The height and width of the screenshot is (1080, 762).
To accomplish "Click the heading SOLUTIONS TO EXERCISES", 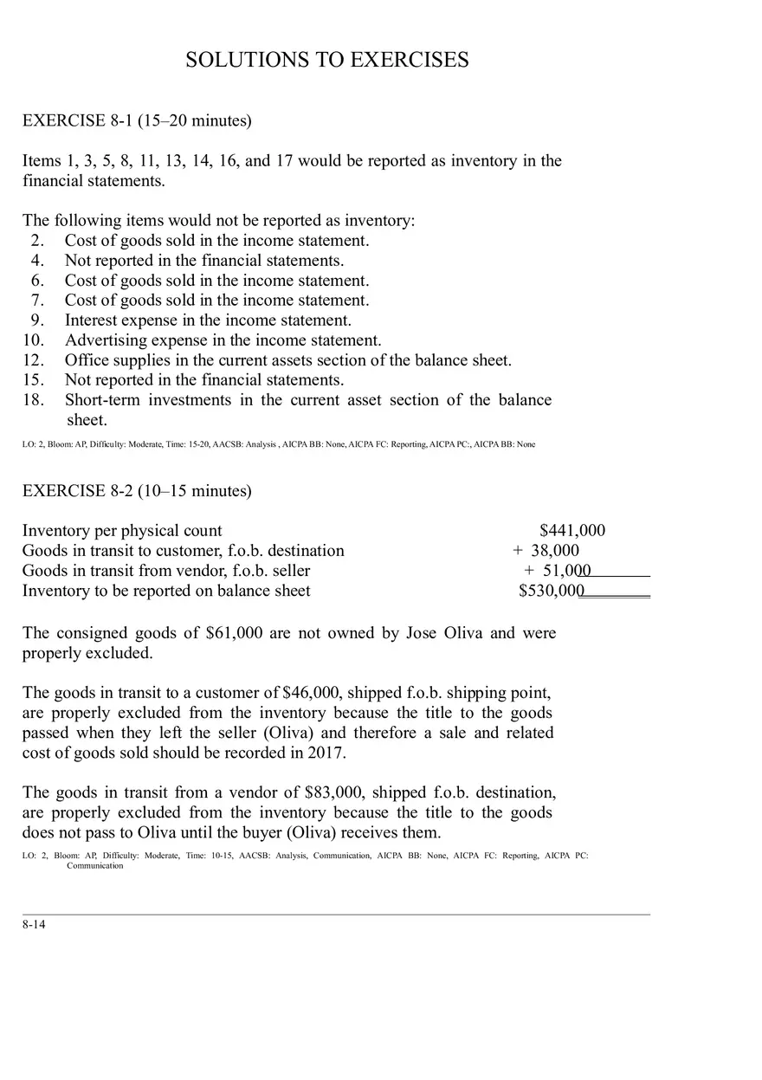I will pyautogui.click(x=327, y=60).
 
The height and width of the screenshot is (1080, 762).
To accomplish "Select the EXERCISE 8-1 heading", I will pyautogui.click(x=137, y=120).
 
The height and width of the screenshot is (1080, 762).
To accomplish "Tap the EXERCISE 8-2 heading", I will pyautogui.click(x=137, y=491).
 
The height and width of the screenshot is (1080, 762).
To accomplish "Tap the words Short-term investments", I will pyautogui.click(x=148, y=400).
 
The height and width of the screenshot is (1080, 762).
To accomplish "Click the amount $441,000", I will pyautogui.click(x=572, y=531).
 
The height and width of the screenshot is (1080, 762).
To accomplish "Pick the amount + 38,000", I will pyautogui.click(x=546, y=551).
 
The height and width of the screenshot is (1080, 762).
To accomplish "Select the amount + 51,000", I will pyautogui.click(x=558, y=571).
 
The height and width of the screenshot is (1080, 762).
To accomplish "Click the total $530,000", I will pyautogui.click(x=552, y=591).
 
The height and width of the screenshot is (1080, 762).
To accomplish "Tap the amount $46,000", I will pyautogui.click(x=311, y=693).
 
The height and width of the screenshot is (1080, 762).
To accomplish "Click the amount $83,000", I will pyautogui.click(x=333, y=792).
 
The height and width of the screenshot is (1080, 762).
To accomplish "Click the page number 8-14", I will pyautogui.click(x=34, y=925).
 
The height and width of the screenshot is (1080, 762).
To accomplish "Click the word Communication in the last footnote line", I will pyautogui.click(x=95, y=865).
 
